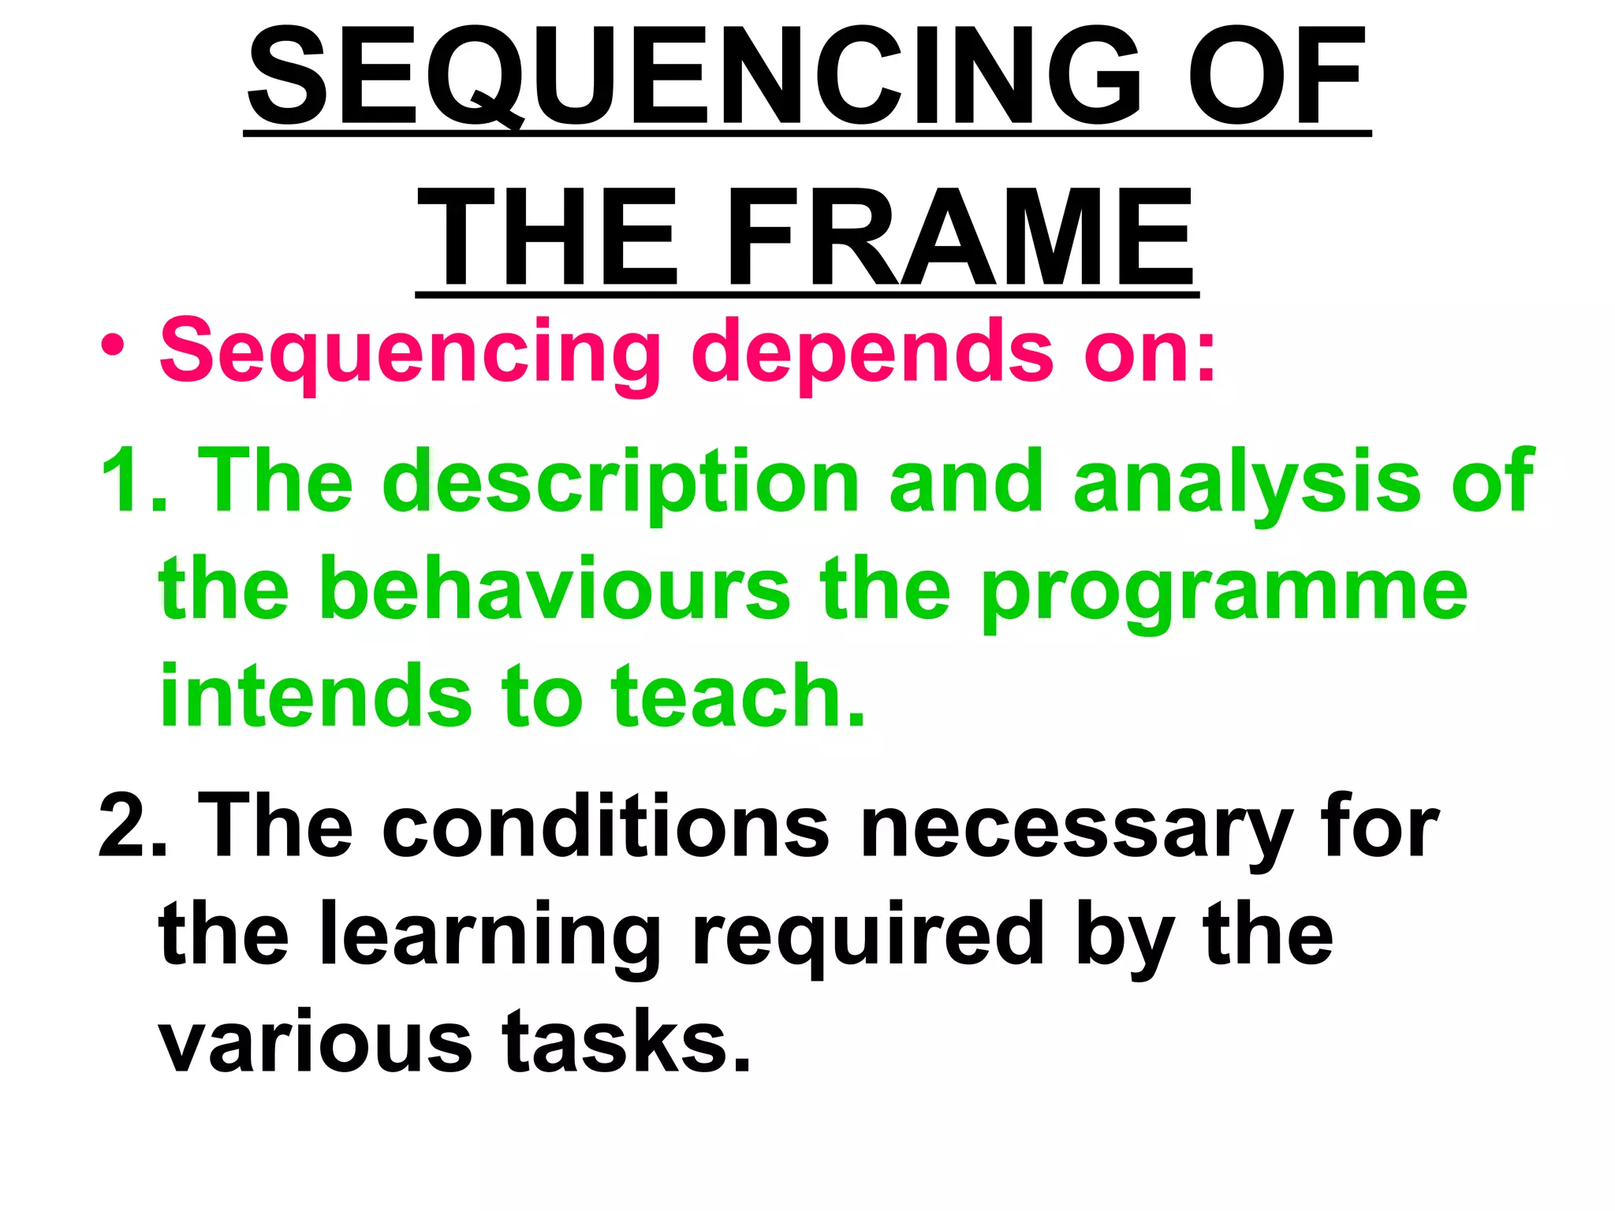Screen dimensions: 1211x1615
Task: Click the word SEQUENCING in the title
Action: point(694,77)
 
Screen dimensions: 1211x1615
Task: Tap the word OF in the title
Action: point(1276,77)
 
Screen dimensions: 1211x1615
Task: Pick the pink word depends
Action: point(872,352)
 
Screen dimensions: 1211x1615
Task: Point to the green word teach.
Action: point(738,697)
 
